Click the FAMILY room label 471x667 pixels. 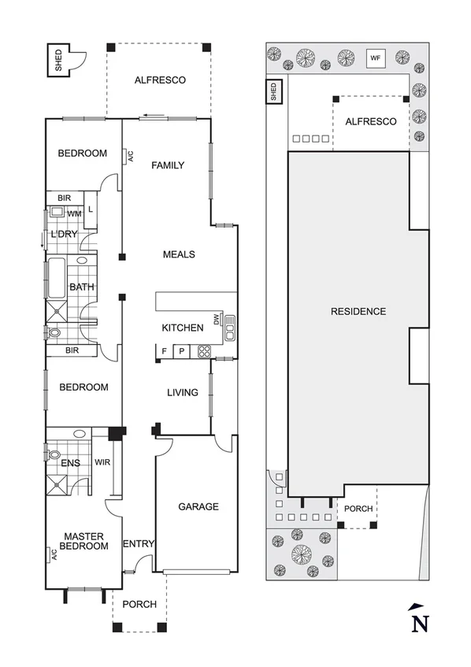point(168,165)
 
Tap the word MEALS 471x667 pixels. point(179,254)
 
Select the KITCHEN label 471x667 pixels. point(183,328)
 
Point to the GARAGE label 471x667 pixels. point(198,506)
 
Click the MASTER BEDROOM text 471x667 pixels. point(85,541)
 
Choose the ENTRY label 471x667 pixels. point(139,543)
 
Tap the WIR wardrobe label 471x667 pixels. point(102,462)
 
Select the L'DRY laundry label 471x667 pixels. point(63,235)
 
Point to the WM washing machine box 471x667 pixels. point(75,213)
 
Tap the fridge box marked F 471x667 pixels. point(164,351)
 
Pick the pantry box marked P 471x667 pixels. point(181,351)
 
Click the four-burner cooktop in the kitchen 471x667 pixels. point(203,351)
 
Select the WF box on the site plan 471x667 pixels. point(375,57)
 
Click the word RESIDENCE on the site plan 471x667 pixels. point(358,311)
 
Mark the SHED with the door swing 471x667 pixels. point(59,61)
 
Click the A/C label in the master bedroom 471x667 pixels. point(54,554)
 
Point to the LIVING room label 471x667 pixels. point(182,393)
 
